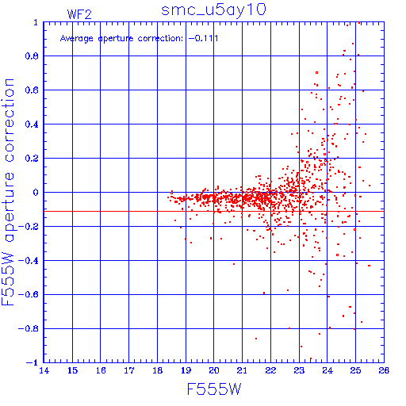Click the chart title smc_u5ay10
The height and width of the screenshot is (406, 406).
[x=213, y=10]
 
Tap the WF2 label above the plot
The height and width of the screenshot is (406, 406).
[x=79, y=14]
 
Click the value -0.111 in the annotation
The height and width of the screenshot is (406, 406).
[x=204, y=39]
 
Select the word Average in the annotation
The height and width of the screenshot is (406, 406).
[x=77, y=39]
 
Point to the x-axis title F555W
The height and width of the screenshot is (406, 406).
[x=214, y=389]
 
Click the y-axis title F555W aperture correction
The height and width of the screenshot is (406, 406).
[x=8, y=192]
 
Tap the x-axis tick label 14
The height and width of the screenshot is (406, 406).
[x=44, y=370]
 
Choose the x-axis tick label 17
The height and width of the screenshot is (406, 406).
[x=129, y=370]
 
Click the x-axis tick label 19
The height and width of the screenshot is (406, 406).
[x=186, y=370]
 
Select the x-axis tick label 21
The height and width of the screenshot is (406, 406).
[x=242, y=370]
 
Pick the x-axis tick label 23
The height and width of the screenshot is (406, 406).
[x=299, y=370]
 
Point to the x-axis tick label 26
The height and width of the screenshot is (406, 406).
[x=384, y=370]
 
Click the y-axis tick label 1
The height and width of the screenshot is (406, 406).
[x=36, y=22]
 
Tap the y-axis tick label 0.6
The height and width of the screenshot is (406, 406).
[x=32, y=90]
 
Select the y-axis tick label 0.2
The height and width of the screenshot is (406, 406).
[x=32, y=159]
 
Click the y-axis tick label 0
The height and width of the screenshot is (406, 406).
[x=36, y=193]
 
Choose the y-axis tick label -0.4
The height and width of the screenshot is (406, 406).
[x=29, y=261]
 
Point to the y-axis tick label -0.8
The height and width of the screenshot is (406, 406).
[x=29, y=329]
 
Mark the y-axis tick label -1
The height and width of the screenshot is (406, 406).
[x=33, y=362]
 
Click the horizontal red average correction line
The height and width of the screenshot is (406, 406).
[x=214, y=211]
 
